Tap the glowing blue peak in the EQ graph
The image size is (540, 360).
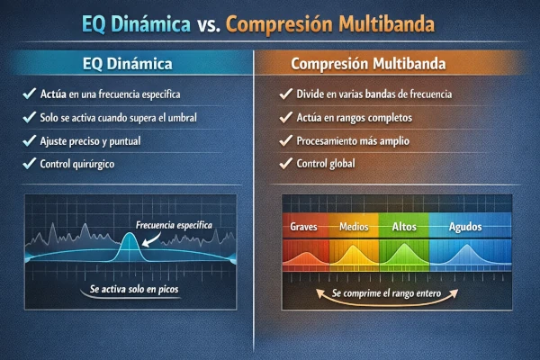click(x=129, y=245)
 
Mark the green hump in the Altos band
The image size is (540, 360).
click(x=403, y=256)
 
